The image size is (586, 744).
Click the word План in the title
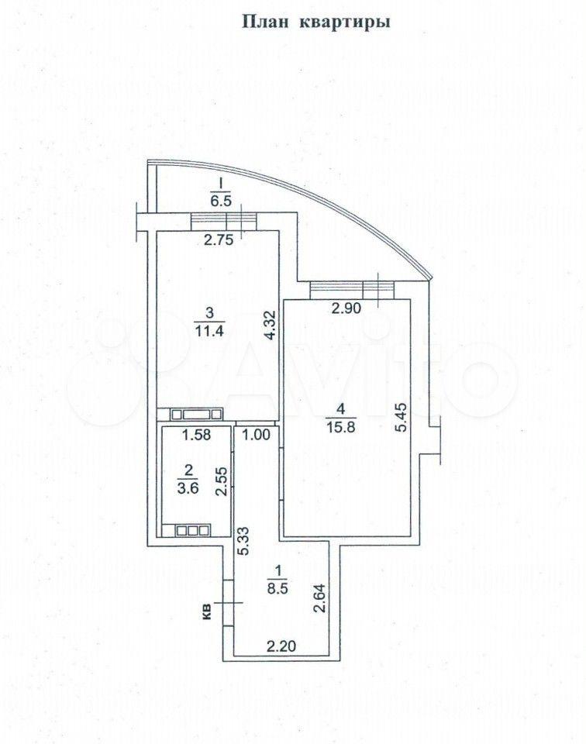click(x=265, y=22)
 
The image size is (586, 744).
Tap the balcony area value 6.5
click(x=221, y=201)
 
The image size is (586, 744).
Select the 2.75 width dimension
click(x=219, y=240)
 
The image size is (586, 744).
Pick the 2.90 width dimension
click(x=346, y=308)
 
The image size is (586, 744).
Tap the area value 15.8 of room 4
click(x=341, y=425)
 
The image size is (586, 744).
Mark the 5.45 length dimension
click(x=402, y=417)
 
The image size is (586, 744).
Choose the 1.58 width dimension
click(x=196, y=435)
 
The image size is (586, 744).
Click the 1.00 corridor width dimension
click(x=256, y=435)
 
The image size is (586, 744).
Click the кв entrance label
click(x=207, y=612)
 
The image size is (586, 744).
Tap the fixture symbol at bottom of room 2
click(x=192, y=530)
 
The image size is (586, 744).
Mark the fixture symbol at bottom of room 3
click(x=196, y=415)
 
